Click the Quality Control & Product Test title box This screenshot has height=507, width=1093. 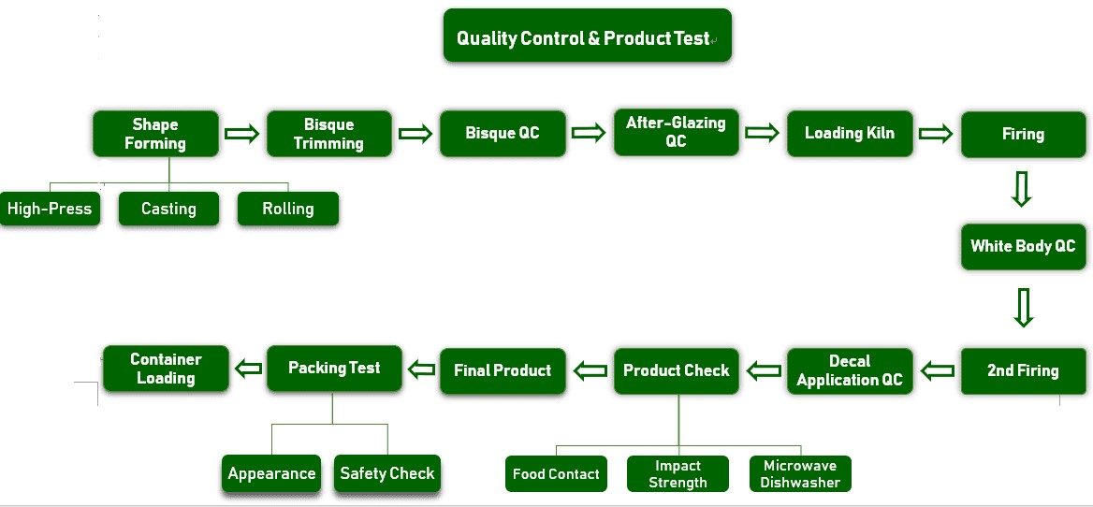coord(587,36)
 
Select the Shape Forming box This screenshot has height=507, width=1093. coord(155,134)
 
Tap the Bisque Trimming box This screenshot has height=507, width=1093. coord(328,134)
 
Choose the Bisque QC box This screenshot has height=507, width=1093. coord(503,133)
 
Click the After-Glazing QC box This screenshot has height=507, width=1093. coord(676,132)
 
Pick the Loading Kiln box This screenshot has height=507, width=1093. coord(849,133)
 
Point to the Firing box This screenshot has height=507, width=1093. coord(1023,134)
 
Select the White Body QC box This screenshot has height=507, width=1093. coord(1023,246)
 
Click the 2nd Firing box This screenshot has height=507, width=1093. coord(1023,369)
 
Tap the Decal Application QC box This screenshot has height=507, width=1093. coord(850,370)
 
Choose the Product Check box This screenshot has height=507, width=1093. coord(676,370)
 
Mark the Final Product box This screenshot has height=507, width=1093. coord(503,370)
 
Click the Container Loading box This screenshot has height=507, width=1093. coord(166,369)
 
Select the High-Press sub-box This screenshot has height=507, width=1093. coord(50,209)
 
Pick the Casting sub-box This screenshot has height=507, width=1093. coord(168,209)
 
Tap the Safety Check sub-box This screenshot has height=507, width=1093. coord(386,473)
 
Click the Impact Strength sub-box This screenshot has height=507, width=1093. coord(678,474)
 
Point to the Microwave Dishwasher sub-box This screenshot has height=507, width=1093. coord(800,474)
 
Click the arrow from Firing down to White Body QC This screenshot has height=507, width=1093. coord(1022,188)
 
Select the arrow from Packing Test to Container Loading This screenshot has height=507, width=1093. coord(248,369)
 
